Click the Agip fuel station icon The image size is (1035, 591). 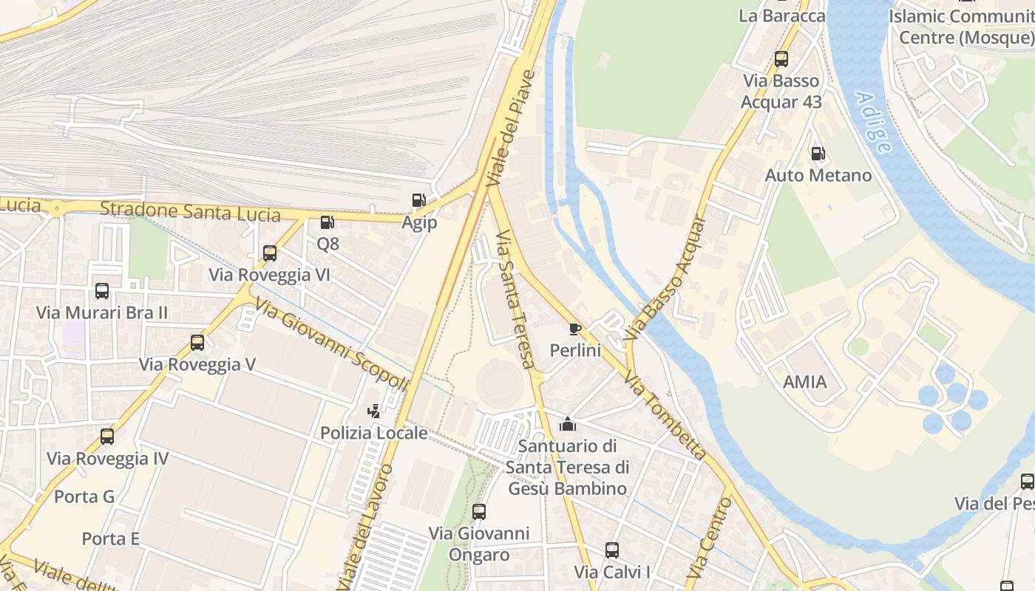[418, 200]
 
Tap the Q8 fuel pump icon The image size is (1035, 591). [327, 222]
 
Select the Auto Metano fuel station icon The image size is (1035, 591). [818, 154]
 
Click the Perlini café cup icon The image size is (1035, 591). [574, 329]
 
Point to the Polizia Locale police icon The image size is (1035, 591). [374, 411]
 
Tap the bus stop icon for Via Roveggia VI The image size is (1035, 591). [270, 253]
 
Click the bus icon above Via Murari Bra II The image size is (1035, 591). [102, 291]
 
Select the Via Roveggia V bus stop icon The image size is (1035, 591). [197, 343]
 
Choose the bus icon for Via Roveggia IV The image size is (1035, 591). [107, 437]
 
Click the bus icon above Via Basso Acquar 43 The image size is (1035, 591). [781, 59]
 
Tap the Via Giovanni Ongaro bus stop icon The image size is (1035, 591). [479, 511]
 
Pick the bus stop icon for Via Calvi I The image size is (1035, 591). [612, 550]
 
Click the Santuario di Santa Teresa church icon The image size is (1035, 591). [568, 424]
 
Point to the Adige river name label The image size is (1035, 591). [873, 122]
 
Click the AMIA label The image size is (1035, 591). [805, 382]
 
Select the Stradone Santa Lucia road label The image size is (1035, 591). [190, 211]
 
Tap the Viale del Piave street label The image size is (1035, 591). [510, 129]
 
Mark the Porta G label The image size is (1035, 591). [84, 496]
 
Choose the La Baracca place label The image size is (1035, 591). [781, 16]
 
